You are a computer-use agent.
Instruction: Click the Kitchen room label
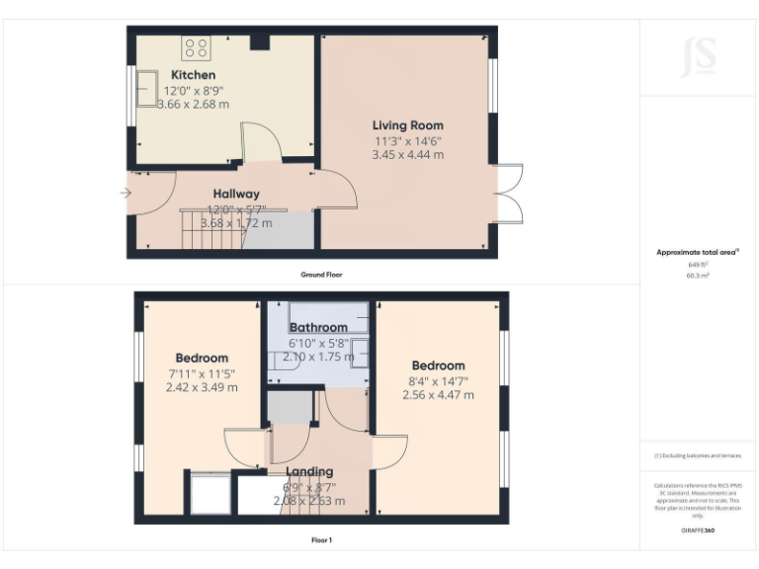coord(193,75)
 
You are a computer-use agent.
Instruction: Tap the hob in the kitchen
coord(196,46)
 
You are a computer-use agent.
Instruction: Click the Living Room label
coord(407,125)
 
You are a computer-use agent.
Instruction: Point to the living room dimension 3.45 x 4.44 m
coord(407,154)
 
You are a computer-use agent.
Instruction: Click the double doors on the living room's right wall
coord(508,191)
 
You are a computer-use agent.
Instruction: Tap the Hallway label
coord(236,194)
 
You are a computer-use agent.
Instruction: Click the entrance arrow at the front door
coord(125,193)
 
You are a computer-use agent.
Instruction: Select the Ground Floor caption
coord(321,274)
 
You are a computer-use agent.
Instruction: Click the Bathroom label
coord(318,327)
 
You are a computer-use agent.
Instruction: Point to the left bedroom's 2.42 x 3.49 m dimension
coord(202,387)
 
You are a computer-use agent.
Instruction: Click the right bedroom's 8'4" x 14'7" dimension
coord(438,380)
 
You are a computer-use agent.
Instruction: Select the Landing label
coord(308,471)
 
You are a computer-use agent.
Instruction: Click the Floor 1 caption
coord(321,540)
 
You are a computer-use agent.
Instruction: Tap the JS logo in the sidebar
coord(698,56)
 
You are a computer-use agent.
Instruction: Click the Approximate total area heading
coord(698,253)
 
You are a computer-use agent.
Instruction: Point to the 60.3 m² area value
coord(698,276)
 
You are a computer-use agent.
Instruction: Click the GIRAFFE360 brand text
coord(698,530)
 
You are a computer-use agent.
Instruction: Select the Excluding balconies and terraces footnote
coord(698,456)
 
